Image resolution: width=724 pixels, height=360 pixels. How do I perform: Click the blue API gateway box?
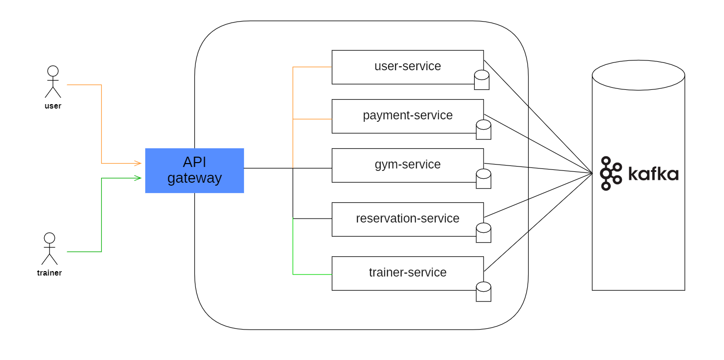(x=194, y=170)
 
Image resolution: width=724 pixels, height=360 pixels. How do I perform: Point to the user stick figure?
(x=53, y=82)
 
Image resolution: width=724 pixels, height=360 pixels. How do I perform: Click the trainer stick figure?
(x=49, y=249)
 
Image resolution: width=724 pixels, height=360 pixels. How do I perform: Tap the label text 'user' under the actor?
(x=53, y=106)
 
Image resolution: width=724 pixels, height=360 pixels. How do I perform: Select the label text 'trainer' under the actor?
(x=49, y=273)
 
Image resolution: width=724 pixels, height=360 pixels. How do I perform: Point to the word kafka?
(x=653, y=174)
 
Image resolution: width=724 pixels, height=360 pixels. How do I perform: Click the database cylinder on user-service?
(x=482, y=80)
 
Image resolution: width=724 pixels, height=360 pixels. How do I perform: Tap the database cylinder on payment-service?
(x=483, y=130)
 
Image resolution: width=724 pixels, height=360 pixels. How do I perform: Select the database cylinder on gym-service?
(x=483, y=179)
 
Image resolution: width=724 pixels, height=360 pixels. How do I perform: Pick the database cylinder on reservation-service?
(x=483, y=233)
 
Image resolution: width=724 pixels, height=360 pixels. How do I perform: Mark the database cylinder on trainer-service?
(x=483, y=292)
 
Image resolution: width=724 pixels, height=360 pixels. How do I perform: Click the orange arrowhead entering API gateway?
(x=138, y=163)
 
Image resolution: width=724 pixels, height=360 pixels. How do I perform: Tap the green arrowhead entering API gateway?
(x=138, y=178)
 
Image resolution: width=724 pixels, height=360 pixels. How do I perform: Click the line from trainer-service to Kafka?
(x=538, y=222)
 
